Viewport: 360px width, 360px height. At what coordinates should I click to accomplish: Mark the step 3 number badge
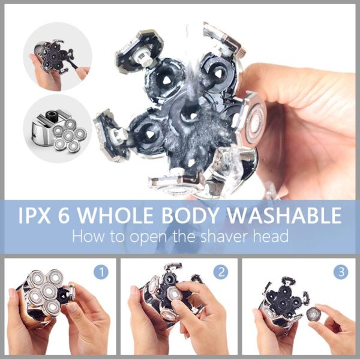342,272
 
